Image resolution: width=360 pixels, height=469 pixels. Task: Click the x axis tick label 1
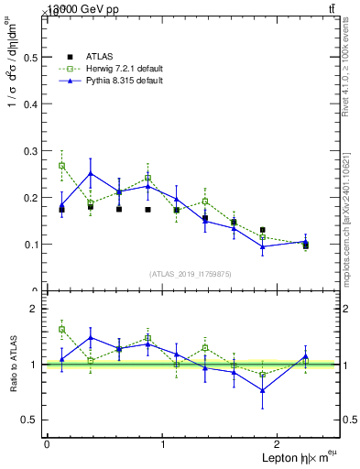163,444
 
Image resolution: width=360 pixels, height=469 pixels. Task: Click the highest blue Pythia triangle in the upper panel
91,173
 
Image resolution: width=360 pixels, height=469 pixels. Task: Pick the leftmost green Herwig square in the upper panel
61,166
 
